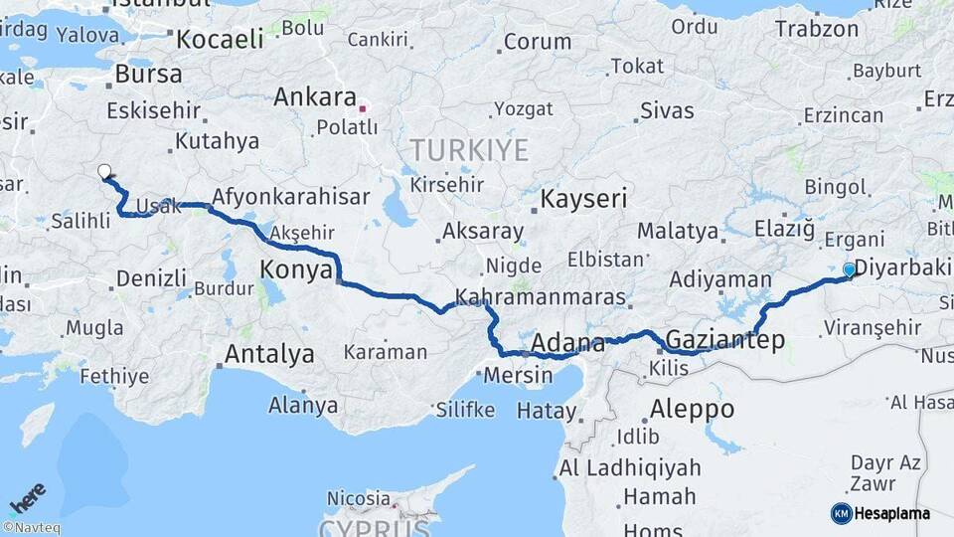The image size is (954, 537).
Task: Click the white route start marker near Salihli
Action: point(104,171)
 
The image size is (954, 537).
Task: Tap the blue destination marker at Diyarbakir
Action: point(849,269)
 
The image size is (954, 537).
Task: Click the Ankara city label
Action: point(315,97)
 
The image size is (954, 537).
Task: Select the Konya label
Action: point(294,268)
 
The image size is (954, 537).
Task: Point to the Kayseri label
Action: point(583,200)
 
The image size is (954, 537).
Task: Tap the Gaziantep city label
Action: point(725,340)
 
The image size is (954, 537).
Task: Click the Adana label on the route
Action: point(568,344)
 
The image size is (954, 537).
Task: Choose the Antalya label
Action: point(269,354)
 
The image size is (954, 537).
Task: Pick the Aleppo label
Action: point(692,409)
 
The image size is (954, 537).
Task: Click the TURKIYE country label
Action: point(470,151)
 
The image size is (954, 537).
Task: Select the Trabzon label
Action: point(817,29)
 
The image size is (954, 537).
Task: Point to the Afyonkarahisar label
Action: point(291,197)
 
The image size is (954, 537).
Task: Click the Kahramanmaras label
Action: point(541,297)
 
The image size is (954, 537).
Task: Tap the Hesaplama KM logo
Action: point(880,513)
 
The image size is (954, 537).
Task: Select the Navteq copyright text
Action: point(31,528)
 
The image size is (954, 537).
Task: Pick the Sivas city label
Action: point(667,110)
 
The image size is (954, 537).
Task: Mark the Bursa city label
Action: point(149,75)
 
